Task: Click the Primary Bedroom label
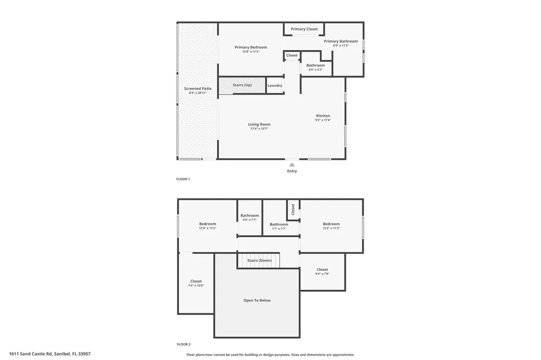pos(251,48)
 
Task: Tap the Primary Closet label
pos(304,29)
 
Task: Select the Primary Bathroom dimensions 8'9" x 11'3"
pos(341,46)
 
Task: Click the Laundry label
pos(275,86)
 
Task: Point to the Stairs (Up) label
pos(242,85)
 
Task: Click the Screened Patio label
pos(198,89)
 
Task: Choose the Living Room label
pos(259,125)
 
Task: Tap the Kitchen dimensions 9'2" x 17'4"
pos(323,120)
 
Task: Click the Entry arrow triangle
pos(292,165)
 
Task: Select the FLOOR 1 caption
pos(183,179)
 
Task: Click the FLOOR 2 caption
pos(183,344)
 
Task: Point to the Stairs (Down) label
pos(259,260)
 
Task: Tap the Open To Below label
pos(257,300)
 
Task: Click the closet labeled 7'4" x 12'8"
pos(196,283)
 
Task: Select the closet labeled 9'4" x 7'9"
pos(322,272)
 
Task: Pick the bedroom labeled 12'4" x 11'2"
pos(208,226)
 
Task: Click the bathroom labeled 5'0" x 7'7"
pos(250,217)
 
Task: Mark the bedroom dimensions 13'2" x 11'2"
pos(331,229)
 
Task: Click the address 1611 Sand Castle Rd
pos(53,354)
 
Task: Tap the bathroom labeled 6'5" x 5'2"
pos(316,68)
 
